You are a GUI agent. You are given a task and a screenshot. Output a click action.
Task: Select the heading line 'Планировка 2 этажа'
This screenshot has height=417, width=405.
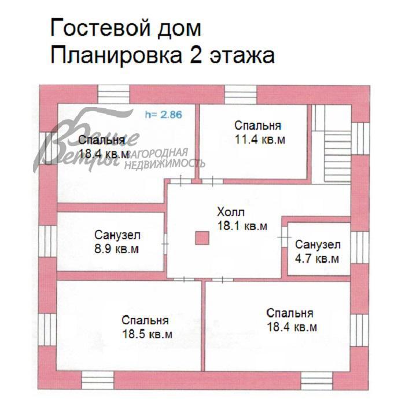click(x=162, y=56)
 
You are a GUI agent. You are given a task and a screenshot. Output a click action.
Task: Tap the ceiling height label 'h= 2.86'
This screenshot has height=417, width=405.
click(x=163, y=115)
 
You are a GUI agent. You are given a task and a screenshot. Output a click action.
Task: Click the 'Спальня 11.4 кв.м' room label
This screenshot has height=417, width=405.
click(x=258, y=132)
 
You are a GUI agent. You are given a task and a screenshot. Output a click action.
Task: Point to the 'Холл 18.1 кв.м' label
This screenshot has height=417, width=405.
click(x=242, y=219)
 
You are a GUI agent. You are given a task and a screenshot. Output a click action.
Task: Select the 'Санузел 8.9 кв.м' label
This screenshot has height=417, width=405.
click(x=117, y=243)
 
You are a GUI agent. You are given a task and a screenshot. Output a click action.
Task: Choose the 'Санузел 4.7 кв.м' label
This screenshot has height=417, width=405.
click(x=317, y=251)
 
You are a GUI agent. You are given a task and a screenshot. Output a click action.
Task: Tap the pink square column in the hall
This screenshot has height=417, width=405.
click(x=202, y=238)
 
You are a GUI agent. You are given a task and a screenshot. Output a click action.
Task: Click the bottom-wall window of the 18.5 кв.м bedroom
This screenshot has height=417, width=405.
click(x=97, y=380)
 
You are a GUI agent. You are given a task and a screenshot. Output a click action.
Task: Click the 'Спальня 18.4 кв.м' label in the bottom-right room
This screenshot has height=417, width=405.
click(x=291, y=320)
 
